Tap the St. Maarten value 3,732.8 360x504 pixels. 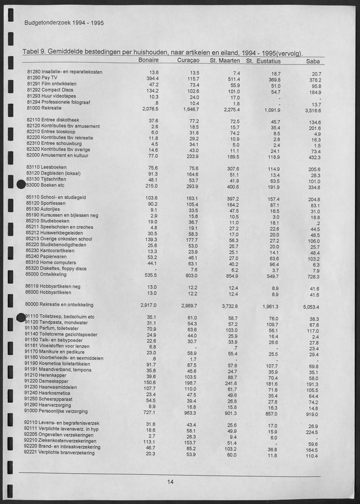tap(228, 306)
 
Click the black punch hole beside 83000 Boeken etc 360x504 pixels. tap(21, 185)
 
